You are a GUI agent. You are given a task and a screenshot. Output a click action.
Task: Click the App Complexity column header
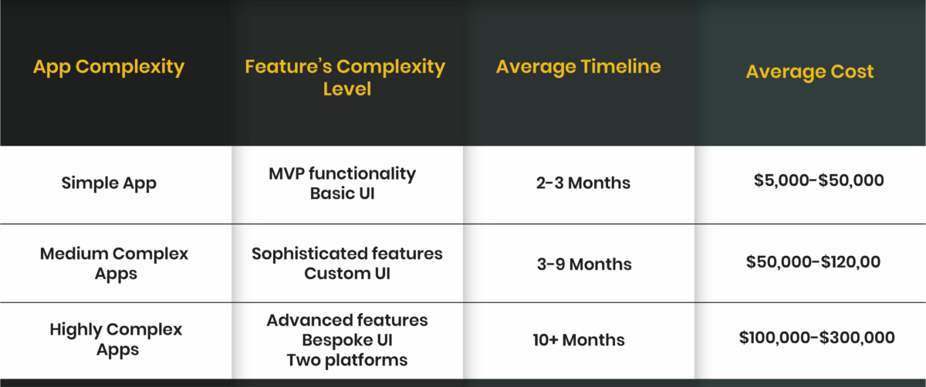109,67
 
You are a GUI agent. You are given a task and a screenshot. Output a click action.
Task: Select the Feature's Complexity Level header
346,77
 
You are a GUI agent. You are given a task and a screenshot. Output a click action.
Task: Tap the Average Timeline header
578,66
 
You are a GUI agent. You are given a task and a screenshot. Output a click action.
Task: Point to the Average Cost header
809,72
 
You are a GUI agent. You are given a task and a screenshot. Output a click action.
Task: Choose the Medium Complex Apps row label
114,263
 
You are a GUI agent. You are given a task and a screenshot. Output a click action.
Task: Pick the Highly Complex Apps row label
116,339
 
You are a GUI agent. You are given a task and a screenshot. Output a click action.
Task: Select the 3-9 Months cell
584,264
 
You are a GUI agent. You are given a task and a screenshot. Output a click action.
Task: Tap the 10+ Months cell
578,340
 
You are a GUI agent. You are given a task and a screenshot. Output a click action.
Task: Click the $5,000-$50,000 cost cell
819,180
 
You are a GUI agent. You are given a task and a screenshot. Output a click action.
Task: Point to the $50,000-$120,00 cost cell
813,262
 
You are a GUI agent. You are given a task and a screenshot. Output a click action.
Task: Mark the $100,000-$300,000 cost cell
816,338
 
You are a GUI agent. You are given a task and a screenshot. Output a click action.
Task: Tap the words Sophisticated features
347,254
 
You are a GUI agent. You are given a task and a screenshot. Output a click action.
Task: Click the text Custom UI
347,274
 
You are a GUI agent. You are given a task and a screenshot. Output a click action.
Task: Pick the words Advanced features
347,320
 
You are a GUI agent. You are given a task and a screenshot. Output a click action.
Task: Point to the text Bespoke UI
347,340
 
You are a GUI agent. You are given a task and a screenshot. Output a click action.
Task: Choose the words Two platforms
347,359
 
